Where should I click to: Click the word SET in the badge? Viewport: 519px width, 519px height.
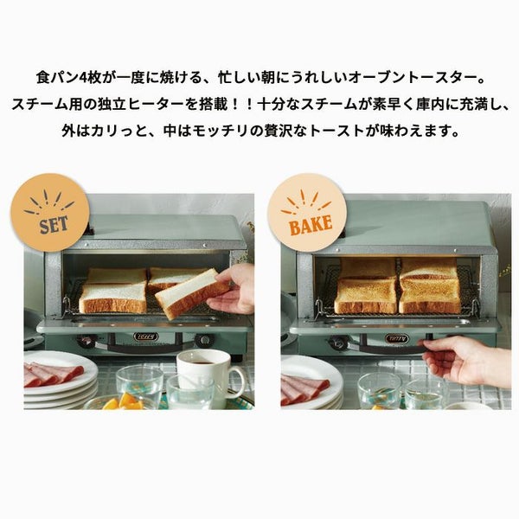[x=54, y=225]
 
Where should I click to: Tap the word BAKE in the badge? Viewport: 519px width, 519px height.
[x=311, y=224]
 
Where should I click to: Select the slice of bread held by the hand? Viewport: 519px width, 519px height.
[x=193, y=294]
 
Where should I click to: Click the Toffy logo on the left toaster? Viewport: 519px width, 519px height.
[x=146, y=337]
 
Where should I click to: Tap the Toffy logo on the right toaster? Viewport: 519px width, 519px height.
[x=397, y=338]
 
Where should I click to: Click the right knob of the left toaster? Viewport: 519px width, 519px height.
[x=203, y=340]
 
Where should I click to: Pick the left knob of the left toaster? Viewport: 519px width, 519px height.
[x=86, y=340]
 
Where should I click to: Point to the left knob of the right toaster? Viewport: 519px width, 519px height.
[x=338, y=343]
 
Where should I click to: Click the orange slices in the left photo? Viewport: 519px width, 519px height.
[x=123, y=402]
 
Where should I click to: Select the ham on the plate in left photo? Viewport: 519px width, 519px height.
[x=52, y=375]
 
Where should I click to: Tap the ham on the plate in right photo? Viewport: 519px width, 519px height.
[x=304, y=389]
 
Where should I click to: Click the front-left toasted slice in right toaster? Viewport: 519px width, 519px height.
[x=365, y=296]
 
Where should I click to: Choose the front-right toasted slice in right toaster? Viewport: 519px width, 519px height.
[x=430, y=296]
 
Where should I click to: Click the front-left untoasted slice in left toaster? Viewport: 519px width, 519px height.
[x=112, y=298]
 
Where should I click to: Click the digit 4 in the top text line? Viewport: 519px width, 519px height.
[x=83, y=79]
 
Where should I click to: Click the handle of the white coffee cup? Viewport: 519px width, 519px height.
[x=237, y=381]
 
